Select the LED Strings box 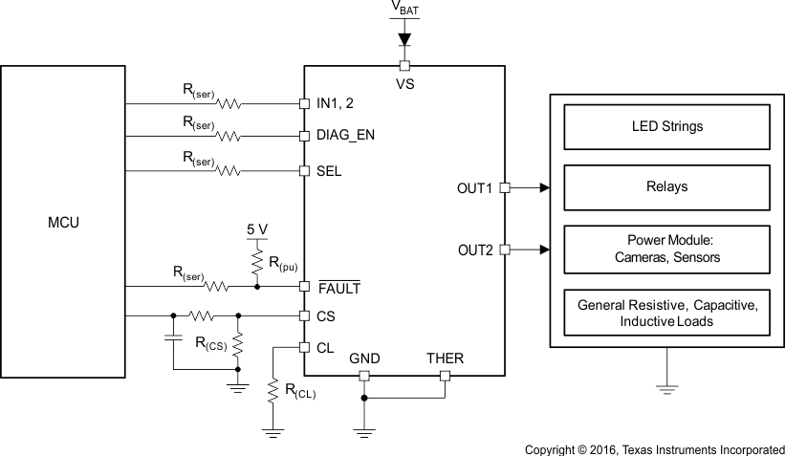(x=667, y=125)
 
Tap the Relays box (x=667, y=186)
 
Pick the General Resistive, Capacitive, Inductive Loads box (x=667, y=314)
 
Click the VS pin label (x=403, y=82)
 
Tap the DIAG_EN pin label (x=345, y=135)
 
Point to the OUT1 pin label (x=475, y=188)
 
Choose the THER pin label (x=445, y=358)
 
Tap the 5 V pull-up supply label (x=256, y=230)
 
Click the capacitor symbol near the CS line (x=173, y=337)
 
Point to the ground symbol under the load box (x=665, y=387)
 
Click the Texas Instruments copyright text (x=654, y=447)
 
